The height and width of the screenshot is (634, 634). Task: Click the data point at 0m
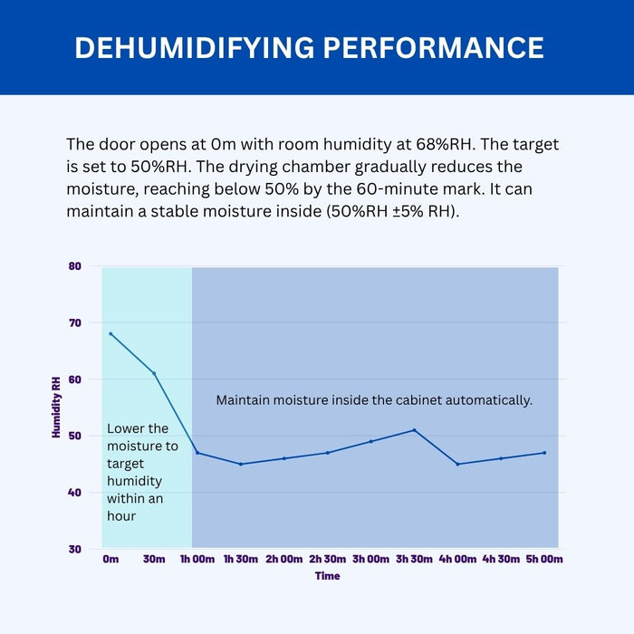click(x=110, y=333)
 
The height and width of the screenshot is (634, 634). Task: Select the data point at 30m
click(x=154, y=373)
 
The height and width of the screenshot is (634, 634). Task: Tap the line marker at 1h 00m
click(x=197, y=453)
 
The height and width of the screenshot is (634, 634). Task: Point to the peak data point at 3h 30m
click(x=414, y=430)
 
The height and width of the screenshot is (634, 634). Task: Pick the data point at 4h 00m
click(x=457, y=464)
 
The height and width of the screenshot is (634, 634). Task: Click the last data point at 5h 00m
click(x=544, y=453)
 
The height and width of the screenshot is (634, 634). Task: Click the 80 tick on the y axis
click(x=75, y=266)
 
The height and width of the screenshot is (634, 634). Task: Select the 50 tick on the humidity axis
click(x=75, y=436)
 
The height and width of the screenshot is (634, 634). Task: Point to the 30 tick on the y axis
click(x=75, y=549)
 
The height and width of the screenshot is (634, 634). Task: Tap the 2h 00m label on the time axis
click(x=284, y=560)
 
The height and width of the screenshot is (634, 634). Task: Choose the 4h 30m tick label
click(x=501, y=560)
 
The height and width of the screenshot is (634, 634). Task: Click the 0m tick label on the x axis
click(x=110, y=560)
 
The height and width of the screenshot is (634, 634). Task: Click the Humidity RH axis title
click(x=56, y=408)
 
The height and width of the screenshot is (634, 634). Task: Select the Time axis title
click(x=327, y=576)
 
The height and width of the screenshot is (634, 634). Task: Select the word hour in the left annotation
click(x=123, y=515)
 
